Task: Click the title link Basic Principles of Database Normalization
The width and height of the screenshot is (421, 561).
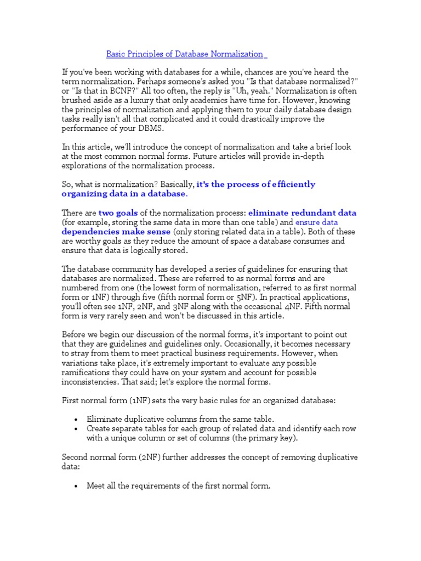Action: [185, 54]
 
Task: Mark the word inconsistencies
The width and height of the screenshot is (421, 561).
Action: [92, 381]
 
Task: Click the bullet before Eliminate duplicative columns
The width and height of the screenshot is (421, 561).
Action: [76, 420]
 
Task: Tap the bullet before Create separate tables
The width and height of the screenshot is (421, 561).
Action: [76, 429]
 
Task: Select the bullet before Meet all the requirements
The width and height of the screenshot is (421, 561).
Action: [76, 486]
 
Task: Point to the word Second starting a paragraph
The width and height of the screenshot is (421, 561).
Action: [74, 457]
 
